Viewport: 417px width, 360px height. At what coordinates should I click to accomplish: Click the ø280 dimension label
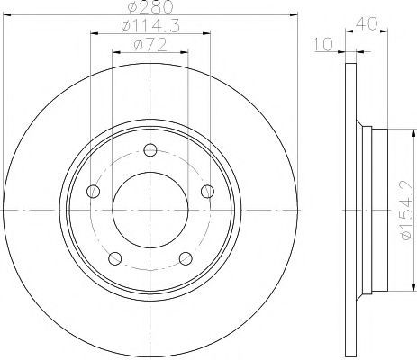click(150, 6)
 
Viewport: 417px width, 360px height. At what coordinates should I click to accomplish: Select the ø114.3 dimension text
click(150, 26)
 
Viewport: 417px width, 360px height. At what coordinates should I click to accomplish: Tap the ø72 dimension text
click(150, 45)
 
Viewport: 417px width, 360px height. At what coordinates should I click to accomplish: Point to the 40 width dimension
click(367, 24)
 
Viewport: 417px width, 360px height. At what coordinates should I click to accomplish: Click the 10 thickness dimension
click(323, 44)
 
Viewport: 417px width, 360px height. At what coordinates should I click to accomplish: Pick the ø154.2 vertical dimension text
click(406, 210)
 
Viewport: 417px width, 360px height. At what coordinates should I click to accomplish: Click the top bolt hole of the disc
click(150, 150)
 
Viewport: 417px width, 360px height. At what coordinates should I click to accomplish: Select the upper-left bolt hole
click(93, 191)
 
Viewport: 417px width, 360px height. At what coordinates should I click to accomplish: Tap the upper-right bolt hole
click(207, 191)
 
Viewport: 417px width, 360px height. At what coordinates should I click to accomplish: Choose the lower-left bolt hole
click(114, 258)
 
